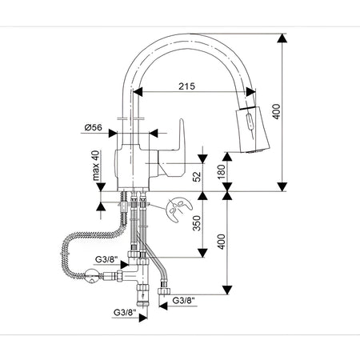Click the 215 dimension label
click(x=186, y=86)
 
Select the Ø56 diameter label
click(x=94, y=127)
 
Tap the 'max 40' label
click(x=96, y=166)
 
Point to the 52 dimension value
click(x=197, y=176)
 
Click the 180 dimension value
click(x=222, y=172)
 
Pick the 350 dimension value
click(x=197, y=223)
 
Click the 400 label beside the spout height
click(x=277, y=112)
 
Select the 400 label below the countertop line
click(x=222, y=242)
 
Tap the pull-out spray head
click(x=252, y=130)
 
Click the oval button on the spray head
click(x=250, y=122)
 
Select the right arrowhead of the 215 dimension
click(x=250, y=92)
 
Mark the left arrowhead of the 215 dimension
click(x=138, y=92)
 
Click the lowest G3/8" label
click(x=125, y=312)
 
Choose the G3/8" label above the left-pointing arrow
click(x=183, y=301)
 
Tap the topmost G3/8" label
click(x=106, y=259)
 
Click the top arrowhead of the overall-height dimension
click(x=282, y=38)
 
